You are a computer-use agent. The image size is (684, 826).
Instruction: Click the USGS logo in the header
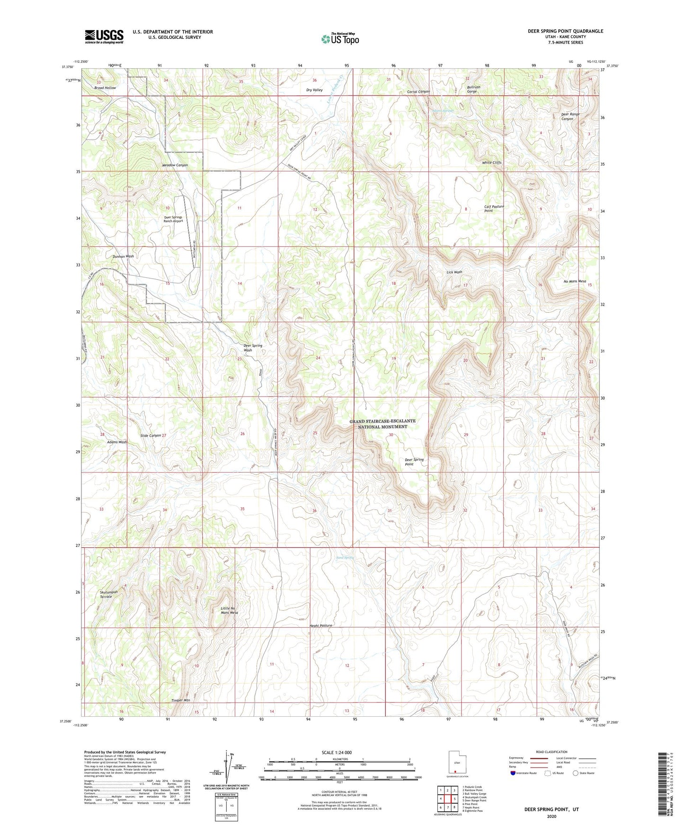[104, 36]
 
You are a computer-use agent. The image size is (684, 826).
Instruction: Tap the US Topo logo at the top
[339, 39]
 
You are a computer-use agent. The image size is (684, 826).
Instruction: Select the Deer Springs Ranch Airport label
[173, 219]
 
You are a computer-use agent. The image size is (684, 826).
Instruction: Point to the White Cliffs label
[491, 162]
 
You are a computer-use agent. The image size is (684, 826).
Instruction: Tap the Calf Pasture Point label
[494, 209]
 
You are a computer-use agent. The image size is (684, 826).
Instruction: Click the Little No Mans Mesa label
[229, 610]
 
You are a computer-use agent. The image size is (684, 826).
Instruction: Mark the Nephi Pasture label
[320, 625]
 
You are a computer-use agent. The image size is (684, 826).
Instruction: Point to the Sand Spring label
[345, 558]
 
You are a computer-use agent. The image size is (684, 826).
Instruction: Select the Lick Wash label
[454, 272]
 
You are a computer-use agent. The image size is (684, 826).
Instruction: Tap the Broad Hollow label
[105, 88]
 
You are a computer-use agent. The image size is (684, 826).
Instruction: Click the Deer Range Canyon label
[570, 116]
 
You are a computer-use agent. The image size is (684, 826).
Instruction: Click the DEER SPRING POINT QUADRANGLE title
[565, 31]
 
